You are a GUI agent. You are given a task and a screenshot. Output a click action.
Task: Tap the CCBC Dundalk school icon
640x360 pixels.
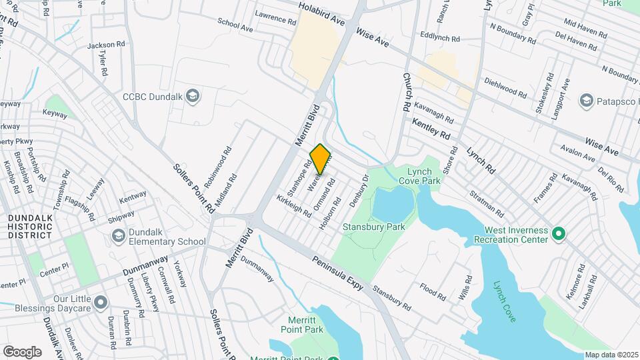(x=193, y=96)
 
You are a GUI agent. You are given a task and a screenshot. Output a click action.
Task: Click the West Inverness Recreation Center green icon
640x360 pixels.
(x=559, y=234)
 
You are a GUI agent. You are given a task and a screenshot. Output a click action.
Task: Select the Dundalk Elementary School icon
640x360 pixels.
(x=118, y=236)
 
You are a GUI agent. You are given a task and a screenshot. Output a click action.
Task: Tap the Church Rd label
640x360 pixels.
(x=407, y=93)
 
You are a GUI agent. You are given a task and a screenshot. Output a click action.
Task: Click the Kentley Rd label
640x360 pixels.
(x=431, y=129)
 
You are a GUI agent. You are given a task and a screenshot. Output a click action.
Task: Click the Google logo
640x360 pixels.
(x=22, y=351)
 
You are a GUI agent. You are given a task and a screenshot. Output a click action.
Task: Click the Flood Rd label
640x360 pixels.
(x=433, y=291)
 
